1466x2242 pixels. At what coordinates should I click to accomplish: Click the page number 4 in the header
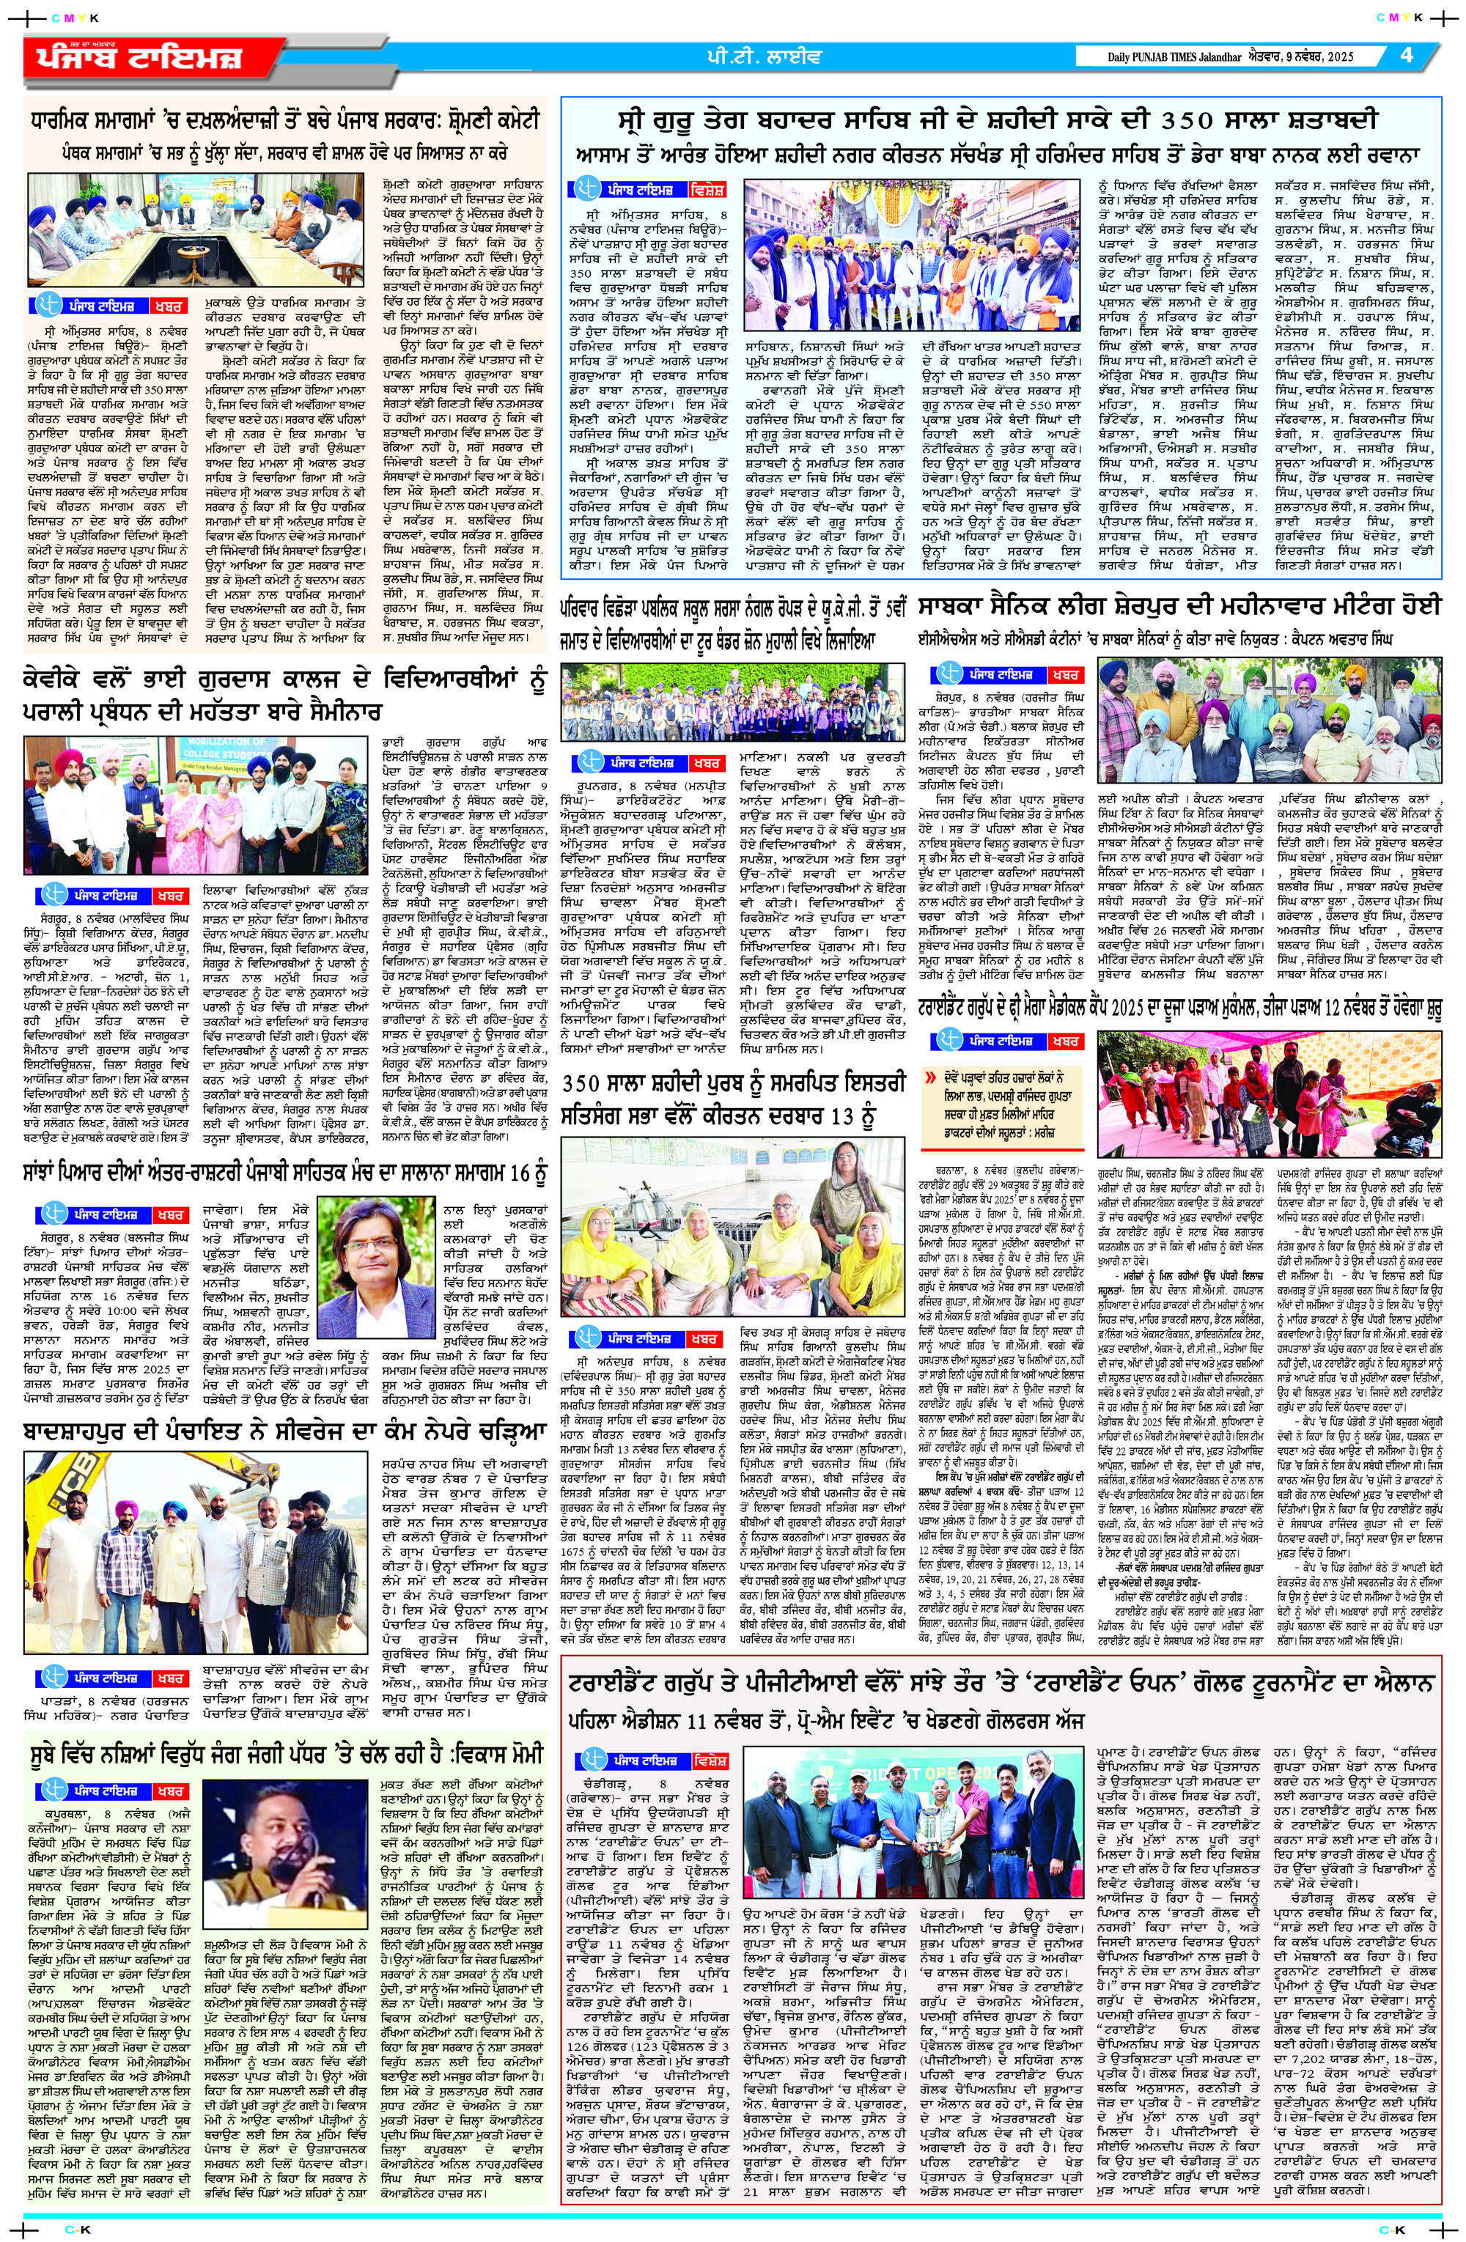[x=1407, y=55]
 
